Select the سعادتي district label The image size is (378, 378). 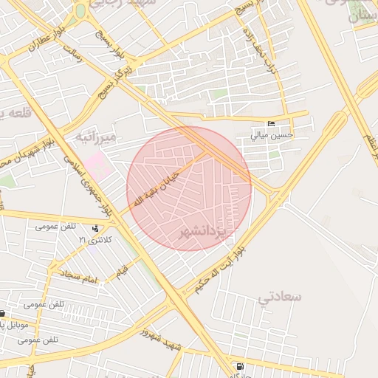click(x=281, y=297)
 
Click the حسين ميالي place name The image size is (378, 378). click(x=272, y=135)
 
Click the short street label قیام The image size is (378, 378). click(x=120, y=275)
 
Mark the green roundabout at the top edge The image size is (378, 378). click(x=80, y=11)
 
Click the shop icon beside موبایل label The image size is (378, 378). click(x=2, y=313)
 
